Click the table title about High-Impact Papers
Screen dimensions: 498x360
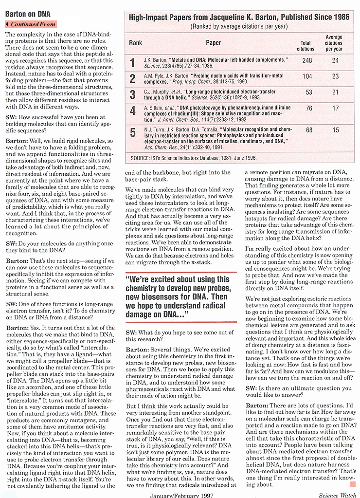coord(238,17)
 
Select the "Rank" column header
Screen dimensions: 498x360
coord(135,43)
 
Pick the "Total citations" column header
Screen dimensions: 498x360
coord(306,46)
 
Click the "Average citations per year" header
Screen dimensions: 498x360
coord(334,43)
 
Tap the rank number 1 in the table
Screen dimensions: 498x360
coord(132,62)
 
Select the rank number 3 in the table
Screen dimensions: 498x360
coord(132,94)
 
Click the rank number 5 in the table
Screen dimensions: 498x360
coord(132,132)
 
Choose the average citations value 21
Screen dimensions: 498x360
coord(335,92)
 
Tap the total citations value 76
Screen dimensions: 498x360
coord(309,109)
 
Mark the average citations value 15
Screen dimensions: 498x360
coord(335,130)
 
